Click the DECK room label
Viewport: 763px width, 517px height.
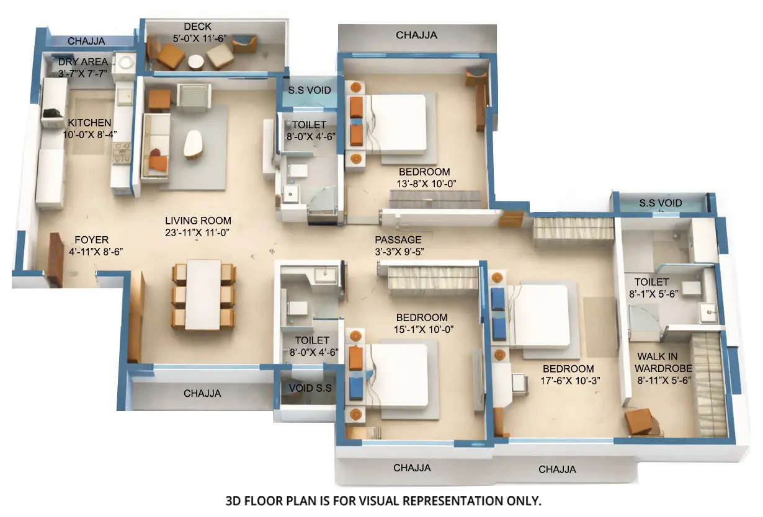click(x=198, y=27)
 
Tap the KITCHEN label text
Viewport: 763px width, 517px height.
click(x=90, y=123)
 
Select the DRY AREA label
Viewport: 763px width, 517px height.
click(x=83, y=62)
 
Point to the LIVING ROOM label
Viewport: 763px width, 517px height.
click(x=198, y=221)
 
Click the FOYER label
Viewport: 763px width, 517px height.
click(x=91, y=240)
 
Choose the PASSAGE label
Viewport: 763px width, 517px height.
click(x=398, y=240)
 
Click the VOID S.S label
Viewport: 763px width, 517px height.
click(x=310, y=388)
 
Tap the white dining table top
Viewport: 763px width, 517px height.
click(x=203, y=294)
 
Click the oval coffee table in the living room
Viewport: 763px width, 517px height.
click(x=193, y=144)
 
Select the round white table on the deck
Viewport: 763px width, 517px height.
click(x=196, y=63)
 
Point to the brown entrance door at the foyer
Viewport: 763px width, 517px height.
click(x=55, y=260)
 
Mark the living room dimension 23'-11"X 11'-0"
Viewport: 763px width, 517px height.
click(x=198, y=232)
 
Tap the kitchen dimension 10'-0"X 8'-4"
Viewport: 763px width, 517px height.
click(x=90, y=134)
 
